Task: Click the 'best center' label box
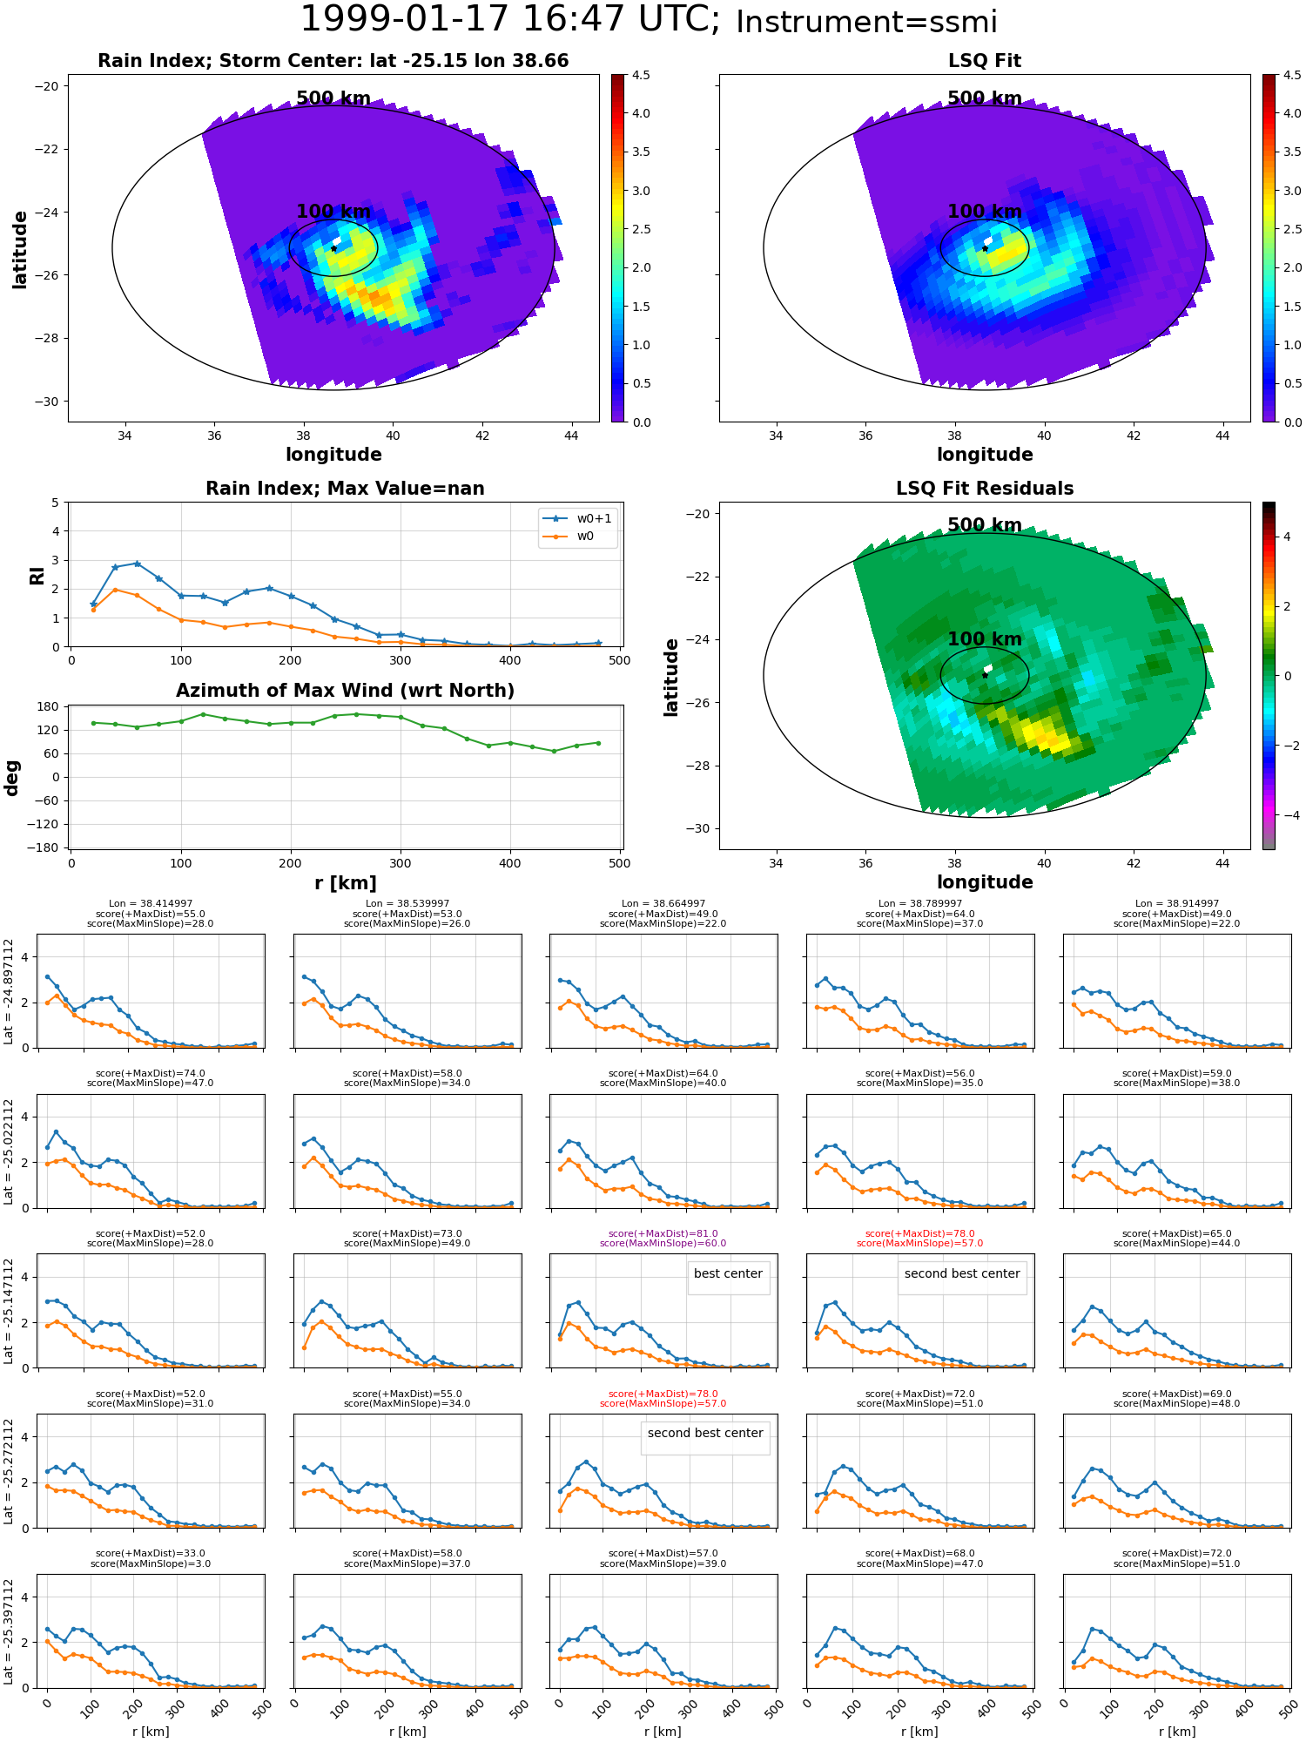click(728, 1273)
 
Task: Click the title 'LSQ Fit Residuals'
click(985, 489)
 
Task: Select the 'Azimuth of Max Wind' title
click(345, 691)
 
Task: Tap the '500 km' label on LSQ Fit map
click(985, 98)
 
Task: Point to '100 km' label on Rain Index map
click(333, 212)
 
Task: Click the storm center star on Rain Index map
click(333, 248)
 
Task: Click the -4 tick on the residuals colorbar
click(1286, 815)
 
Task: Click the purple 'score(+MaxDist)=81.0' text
click(663, 1233)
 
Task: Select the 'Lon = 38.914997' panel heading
click(1176, 903)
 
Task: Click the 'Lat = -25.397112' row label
click(9, 1633)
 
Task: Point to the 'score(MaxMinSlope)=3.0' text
click(151, 1563)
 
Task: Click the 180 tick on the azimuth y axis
click(50, 706)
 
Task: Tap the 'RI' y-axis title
click(37, 575)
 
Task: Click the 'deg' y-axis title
click(12, 777)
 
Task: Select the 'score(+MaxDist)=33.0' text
click(151, 1553)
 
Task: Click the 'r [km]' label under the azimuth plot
click(345, 883)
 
